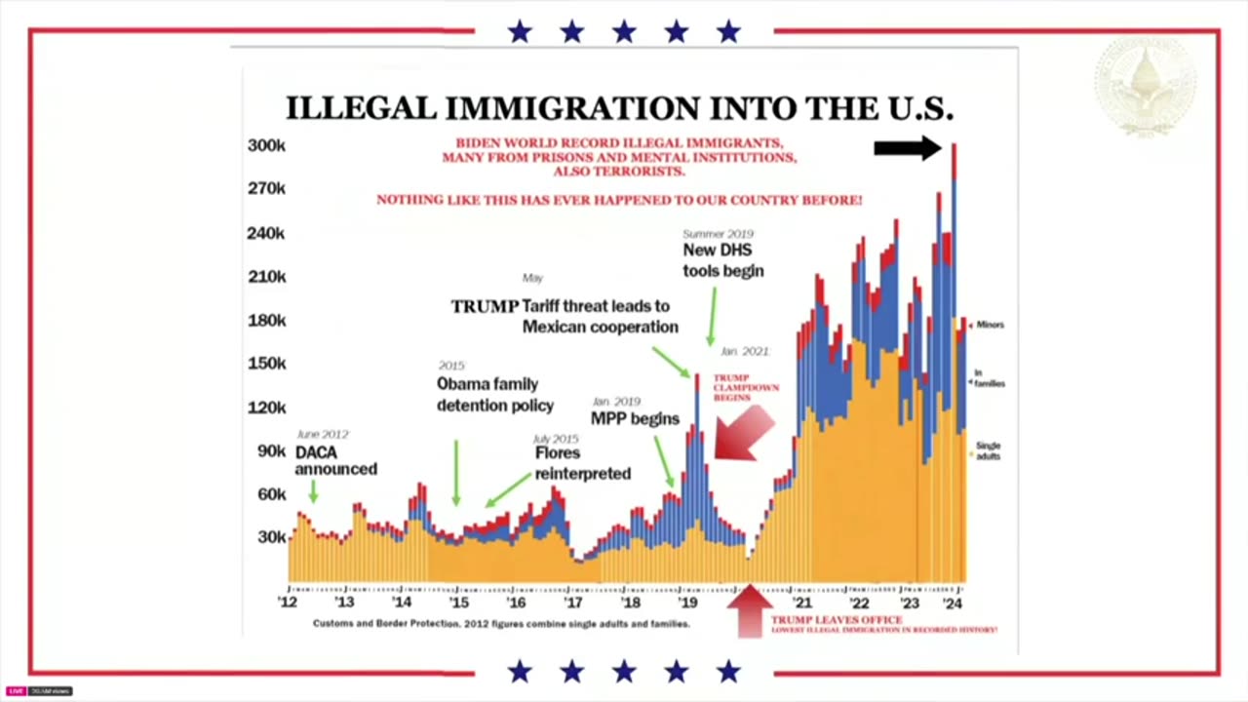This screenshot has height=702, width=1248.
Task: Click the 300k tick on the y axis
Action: pyautogui.click(x=265, y=145)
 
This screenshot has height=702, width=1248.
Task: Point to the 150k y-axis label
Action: pyautogui.click(x=265, y=364)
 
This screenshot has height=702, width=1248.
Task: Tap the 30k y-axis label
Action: pyautogui.click(x=271, y=537)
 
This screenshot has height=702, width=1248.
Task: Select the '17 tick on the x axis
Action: pyautogui.click(x=573, y=603)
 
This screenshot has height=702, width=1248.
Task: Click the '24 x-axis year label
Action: pyautogui.click(x=954, y=603)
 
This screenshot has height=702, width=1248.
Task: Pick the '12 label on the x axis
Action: pyautogui.click(x=288, y=603)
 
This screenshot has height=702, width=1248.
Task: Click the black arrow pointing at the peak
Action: pyautogui.click(x=907, y=148)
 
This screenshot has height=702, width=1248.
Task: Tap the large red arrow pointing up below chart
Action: pyautogui.click(x=749, y=610)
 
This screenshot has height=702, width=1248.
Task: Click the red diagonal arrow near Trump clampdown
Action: pyautogui.click(x=743, y=432)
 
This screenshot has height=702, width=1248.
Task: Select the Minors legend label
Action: pyautogui.click(x=990, y=325)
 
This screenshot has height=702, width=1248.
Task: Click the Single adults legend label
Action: pyautogui.click(x=988, y=451)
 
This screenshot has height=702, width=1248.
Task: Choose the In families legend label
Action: pyautogui.click(x=990, y=378)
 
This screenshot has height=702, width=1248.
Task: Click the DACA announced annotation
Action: pyautogui.click(x=335, y=461)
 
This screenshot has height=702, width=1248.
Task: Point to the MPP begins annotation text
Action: pyautogui.click(x=635, y=419)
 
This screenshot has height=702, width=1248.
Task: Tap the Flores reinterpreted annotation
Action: pyautogui.click(x=582, y=463)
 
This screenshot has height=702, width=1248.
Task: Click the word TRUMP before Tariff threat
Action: pyautogui.click(x=485, y=306)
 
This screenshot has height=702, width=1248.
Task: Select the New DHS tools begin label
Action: pyautogui.click(x=722, y=260)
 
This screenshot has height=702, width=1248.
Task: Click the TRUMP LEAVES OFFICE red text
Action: pyautogui.click(x=837, y=620)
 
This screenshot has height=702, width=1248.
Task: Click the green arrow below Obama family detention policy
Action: pyautogui.click(x=456, y=473)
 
